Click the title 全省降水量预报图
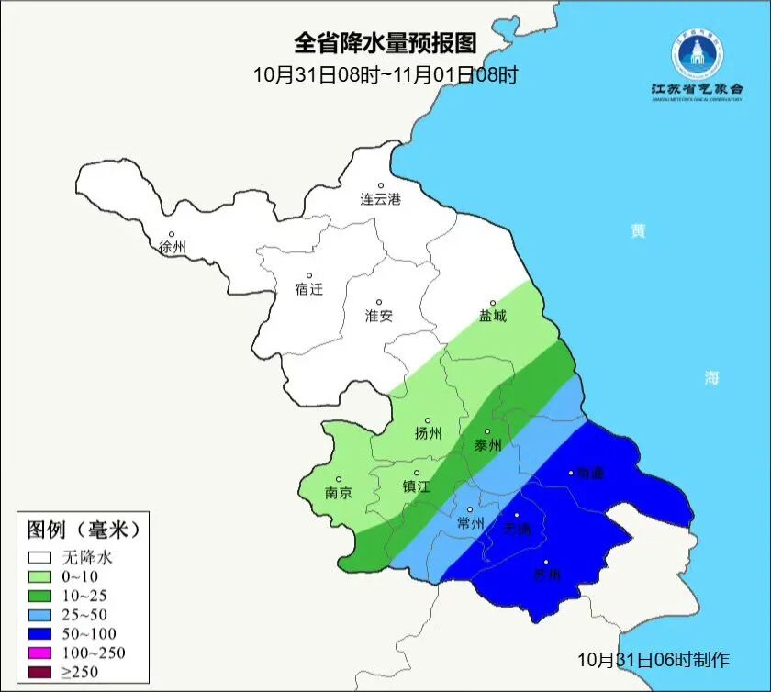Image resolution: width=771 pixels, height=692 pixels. tap(385, 44)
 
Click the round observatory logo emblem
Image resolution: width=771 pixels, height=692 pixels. tap(697, 54)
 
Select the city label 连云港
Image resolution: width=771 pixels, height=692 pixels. tap(380, 199)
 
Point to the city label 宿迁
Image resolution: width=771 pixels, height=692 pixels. tap(309, 289)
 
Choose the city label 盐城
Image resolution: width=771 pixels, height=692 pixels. tap(492, 316)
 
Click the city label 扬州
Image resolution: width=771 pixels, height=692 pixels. tap(428, 433)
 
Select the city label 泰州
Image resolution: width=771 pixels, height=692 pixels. tap(487, 445)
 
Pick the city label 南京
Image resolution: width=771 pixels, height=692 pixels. tap(339, 492)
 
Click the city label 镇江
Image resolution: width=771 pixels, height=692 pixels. tap(416, 487)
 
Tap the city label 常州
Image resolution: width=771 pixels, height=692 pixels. tap(470, 523)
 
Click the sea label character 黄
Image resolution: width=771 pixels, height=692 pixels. tap(637, 231)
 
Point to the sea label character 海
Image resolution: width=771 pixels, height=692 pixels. tap(712, 378)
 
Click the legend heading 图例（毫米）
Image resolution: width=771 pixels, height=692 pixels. tap(83, 530)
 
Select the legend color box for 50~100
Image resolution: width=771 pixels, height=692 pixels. tap(39, 633)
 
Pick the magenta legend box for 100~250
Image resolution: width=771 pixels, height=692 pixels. tap(39, 653)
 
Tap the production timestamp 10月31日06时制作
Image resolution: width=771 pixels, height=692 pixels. tap(653, 660)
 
